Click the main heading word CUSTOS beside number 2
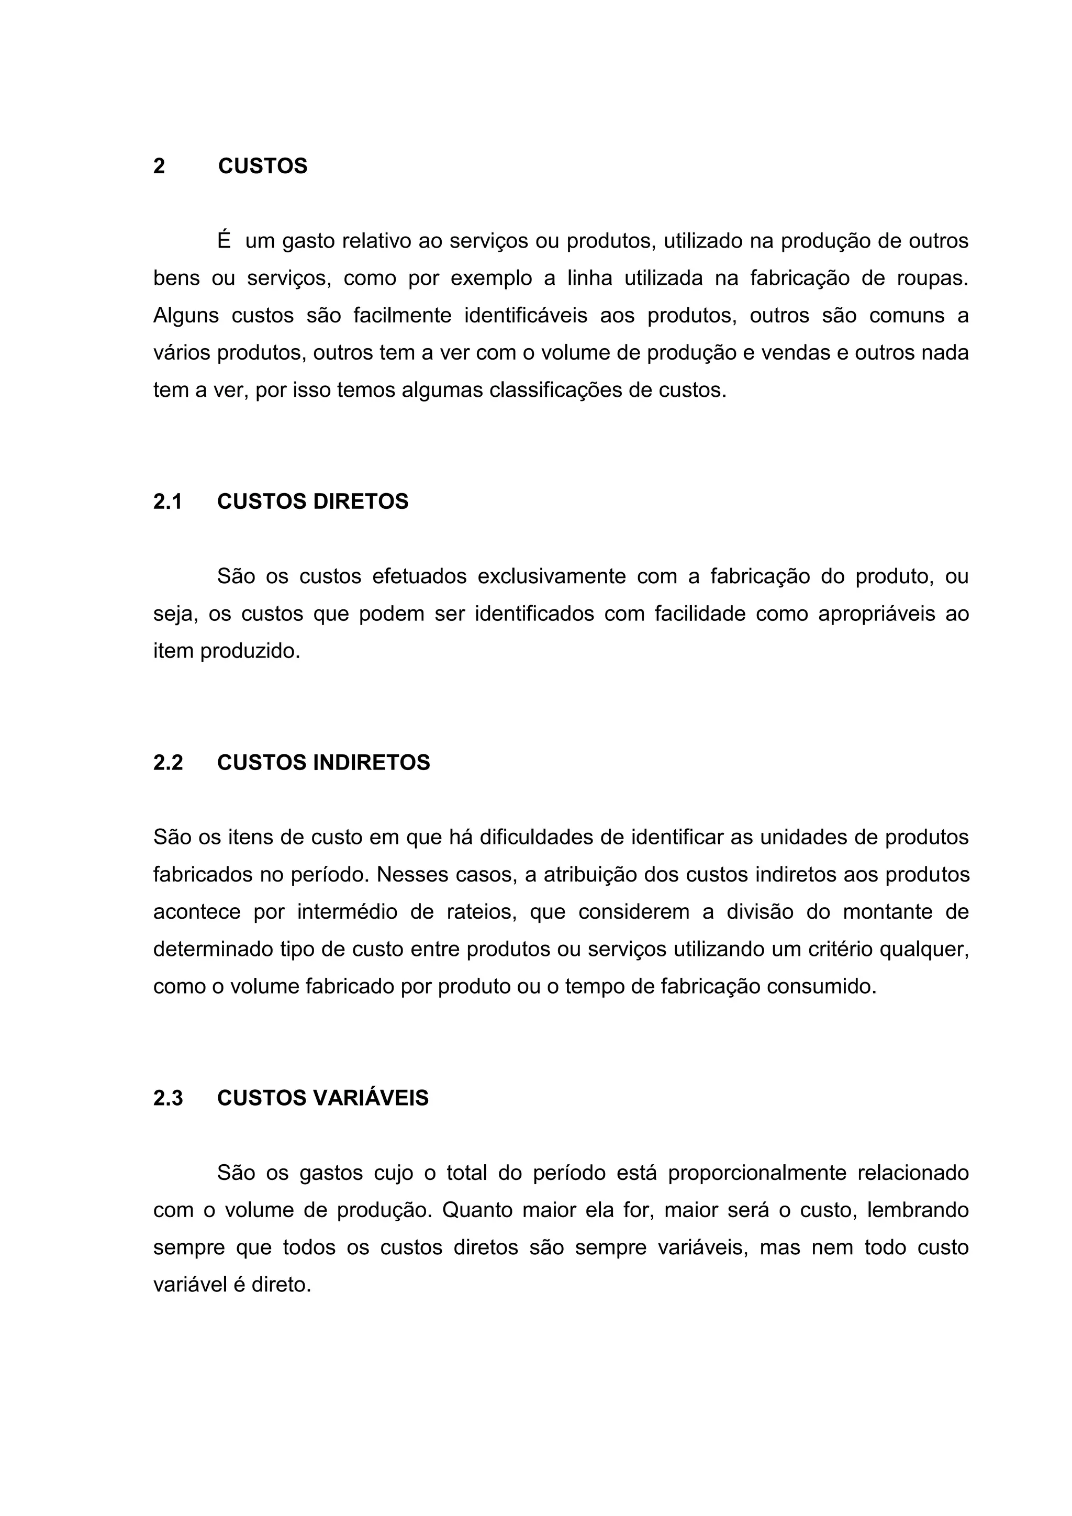tap(263, 166)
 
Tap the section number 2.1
tap(167, 502)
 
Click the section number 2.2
tap(167, 763)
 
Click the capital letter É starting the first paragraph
tap(225, 241)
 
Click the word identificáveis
tap(526, 316)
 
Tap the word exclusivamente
tap(551, 576)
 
